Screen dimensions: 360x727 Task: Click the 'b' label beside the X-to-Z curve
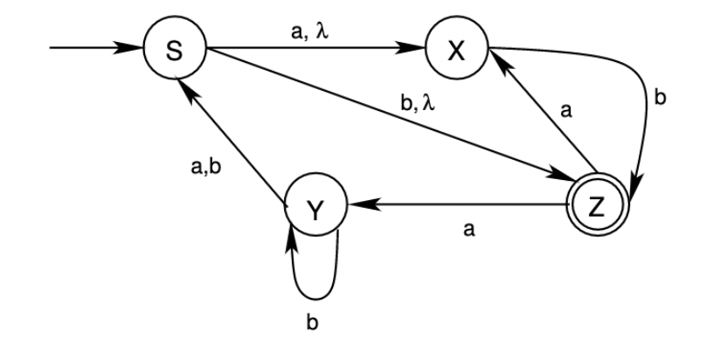(x=660, y=97)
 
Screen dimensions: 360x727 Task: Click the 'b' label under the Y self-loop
(x=312, y=322)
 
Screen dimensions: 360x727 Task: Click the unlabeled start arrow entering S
(x=96, y=49)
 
